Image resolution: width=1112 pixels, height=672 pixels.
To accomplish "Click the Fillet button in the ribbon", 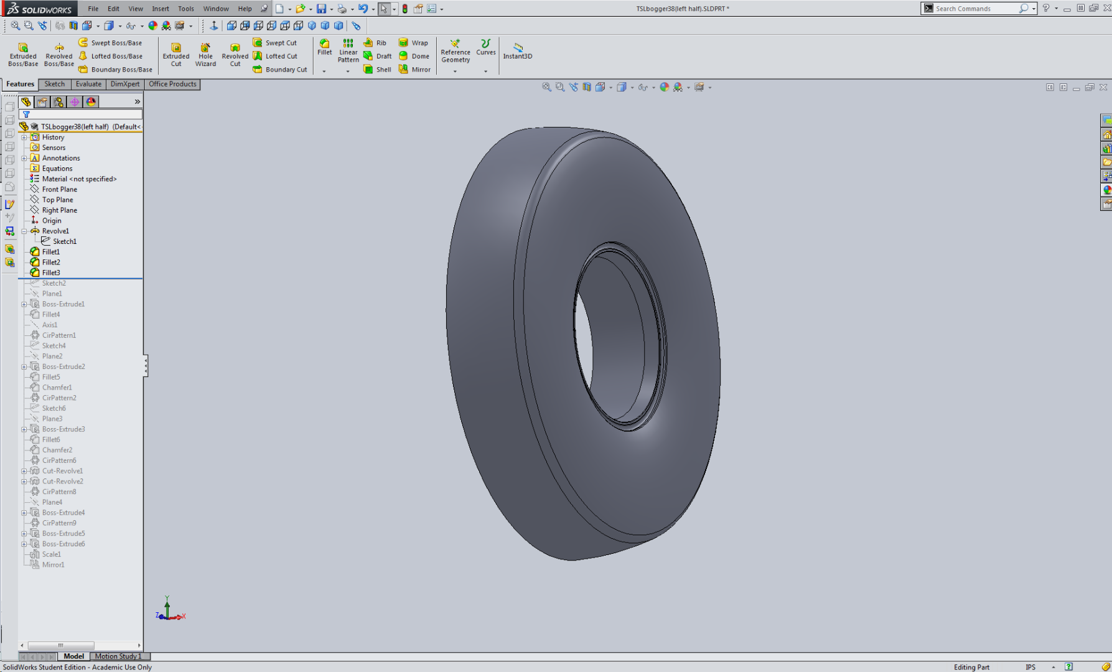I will coord(324,47).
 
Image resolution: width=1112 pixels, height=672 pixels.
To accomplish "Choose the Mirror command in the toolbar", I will coord(414,70).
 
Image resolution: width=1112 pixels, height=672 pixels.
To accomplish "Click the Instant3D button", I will coord(517,50).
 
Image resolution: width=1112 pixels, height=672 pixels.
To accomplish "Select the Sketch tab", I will coord(54,84).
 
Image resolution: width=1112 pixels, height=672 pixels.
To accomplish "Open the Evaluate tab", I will coord(88,84).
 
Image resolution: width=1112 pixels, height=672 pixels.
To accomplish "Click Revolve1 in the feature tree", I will coord(55,231).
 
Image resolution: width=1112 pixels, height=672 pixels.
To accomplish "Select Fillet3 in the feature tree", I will coord(51,273).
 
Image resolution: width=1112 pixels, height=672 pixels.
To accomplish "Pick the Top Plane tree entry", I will coord(57,200).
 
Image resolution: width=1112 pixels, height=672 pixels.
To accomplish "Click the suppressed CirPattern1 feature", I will coord(58,335).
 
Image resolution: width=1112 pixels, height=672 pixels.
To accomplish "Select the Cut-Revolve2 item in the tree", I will coord(62,481).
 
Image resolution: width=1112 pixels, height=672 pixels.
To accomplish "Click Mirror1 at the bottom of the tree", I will coord(53,564).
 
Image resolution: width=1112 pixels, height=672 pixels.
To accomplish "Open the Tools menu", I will coord(185,9).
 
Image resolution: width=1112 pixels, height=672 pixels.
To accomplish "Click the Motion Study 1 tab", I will coord(118,656).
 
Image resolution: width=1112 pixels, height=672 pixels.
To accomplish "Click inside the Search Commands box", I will coord(974,9).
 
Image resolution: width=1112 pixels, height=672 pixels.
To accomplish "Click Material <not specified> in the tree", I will coord(79,179).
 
